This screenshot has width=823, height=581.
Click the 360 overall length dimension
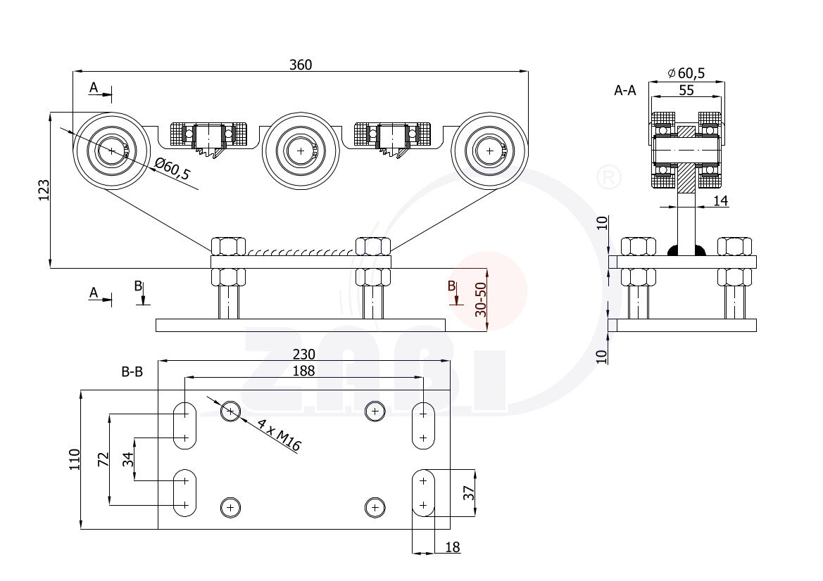(x=300, y=64)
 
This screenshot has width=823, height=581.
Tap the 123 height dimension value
(x=44, y=191)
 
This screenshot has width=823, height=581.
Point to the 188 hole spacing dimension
(x=303, y=371)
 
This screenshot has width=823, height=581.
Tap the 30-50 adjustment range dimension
(x=481, y=300)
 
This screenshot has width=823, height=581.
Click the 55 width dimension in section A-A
(x=686, y=90)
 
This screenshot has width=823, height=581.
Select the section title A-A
(x=625, y=90)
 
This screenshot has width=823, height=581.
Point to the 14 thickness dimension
(x=720, y=201)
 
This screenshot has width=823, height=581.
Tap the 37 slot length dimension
(x=468, y=492)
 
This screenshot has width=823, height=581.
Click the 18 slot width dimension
(x=453, y=547)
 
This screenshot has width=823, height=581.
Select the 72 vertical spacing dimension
(x=103, y=459)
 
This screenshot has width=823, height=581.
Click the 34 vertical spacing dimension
(x=127, y=459)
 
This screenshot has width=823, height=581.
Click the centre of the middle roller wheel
(x=301, y=151)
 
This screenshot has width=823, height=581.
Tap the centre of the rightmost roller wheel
(x=490, y=151)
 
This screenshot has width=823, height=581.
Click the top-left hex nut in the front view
(x=228, y=246)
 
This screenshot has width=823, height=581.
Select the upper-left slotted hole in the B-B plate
(x=185, y=425)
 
